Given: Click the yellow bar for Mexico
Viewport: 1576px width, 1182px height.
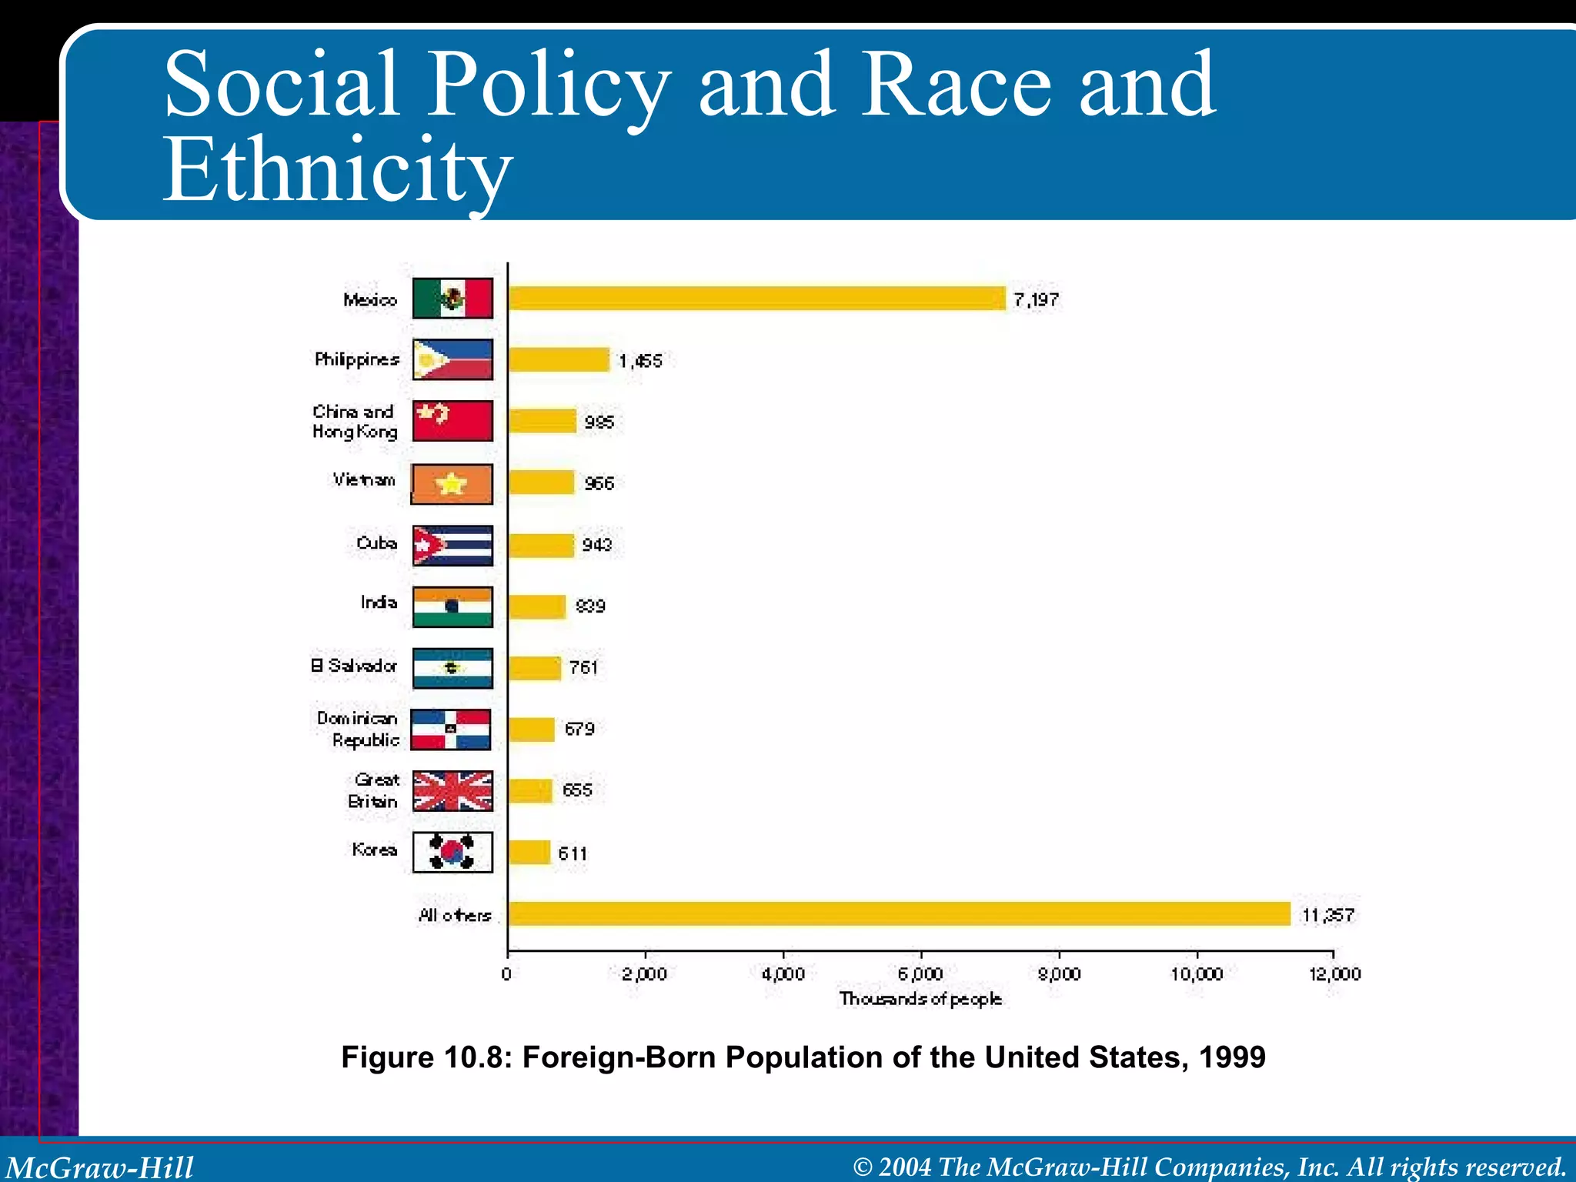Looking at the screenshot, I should [x=756, y=299].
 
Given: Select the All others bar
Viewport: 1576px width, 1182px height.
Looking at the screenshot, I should [x=899, y=914].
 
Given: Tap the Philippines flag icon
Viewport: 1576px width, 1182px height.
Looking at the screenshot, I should [x=452, y=359].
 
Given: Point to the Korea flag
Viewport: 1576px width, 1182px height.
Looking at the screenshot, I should [x=452, y=852].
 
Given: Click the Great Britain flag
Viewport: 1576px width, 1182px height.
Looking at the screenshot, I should [x=452, y=791].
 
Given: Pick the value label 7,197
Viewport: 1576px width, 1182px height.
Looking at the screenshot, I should [x=1036, y=300].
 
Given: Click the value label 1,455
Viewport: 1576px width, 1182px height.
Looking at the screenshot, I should [x=640, y=361].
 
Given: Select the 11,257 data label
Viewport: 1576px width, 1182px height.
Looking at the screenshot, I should [x=1327, y=915].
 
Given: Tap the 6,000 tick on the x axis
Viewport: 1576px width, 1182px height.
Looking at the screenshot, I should [x=920, y=974].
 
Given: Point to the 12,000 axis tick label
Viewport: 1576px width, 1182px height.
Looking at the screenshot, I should [x=1334, y=974].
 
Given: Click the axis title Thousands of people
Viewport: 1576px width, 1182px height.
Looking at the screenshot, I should [x=920, y=999].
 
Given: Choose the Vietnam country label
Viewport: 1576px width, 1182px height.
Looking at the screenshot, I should [x=364, y=480].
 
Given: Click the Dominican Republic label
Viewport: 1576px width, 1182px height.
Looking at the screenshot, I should [x=359, y=729].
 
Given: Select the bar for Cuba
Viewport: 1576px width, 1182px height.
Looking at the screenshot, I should [x=541, y=545].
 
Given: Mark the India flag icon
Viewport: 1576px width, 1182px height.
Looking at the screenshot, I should [x=452, y=606].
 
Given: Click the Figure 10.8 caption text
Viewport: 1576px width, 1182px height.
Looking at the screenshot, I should [x=803, y=1057].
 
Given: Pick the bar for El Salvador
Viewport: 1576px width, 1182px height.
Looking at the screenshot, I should [x=534, y=668].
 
